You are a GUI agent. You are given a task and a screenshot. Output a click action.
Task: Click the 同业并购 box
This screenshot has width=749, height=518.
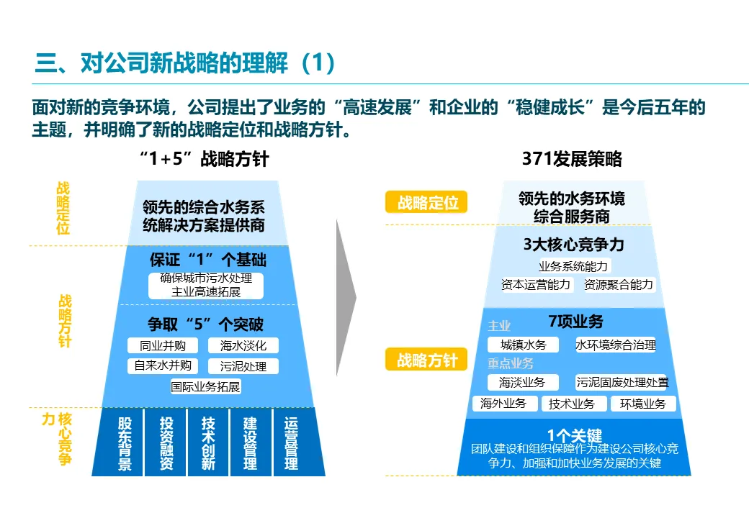[x=162, y=345]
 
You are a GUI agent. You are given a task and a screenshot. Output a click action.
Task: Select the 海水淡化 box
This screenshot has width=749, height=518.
[x=243, y=345]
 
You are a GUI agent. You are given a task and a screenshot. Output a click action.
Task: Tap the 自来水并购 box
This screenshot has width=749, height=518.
[x=162, y=365]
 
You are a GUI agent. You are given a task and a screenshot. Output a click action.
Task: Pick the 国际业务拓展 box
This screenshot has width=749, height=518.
[x=205, y=386]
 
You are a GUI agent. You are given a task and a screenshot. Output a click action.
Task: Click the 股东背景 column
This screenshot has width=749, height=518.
[x=125, y=442]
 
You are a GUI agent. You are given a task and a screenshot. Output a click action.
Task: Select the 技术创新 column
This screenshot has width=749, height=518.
[x=208, y=442]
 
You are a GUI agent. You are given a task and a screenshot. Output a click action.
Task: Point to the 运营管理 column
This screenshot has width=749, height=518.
[x=291, y=442]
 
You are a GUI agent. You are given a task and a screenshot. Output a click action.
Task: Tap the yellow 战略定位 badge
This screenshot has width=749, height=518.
[x=427, y=203]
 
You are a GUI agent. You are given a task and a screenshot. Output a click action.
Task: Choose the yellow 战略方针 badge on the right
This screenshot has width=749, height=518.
[x=427, y=360]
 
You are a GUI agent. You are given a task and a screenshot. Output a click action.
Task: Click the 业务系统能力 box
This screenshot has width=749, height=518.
[x=573, y=266]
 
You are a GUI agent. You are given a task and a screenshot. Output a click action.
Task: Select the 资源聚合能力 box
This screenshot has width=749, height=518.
[x=619, y=285]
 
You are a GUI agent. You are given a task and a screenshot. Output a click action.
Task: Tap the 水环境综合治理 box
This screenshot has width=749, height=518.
[x=616, y=345]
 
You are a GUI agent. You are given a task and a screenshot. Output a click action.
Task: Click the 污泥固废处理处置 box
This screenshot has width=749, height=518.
[x=622, y=382]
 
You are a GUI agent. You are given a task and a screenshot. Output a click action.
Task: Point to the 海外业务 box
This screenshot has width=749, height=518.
[x=503, y=404]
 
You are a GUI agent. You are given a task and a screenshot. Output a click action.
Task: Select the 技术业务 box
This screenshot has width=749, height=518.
[x=572, y=404]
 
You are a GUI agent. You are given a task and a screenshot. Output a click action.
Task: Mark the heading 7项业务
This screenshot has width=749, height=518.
[x=575, y=322]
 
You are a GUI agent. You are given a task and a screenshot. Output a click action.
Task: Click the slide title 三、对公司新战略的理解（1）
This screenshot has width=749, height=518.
[x=185, y=63]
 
